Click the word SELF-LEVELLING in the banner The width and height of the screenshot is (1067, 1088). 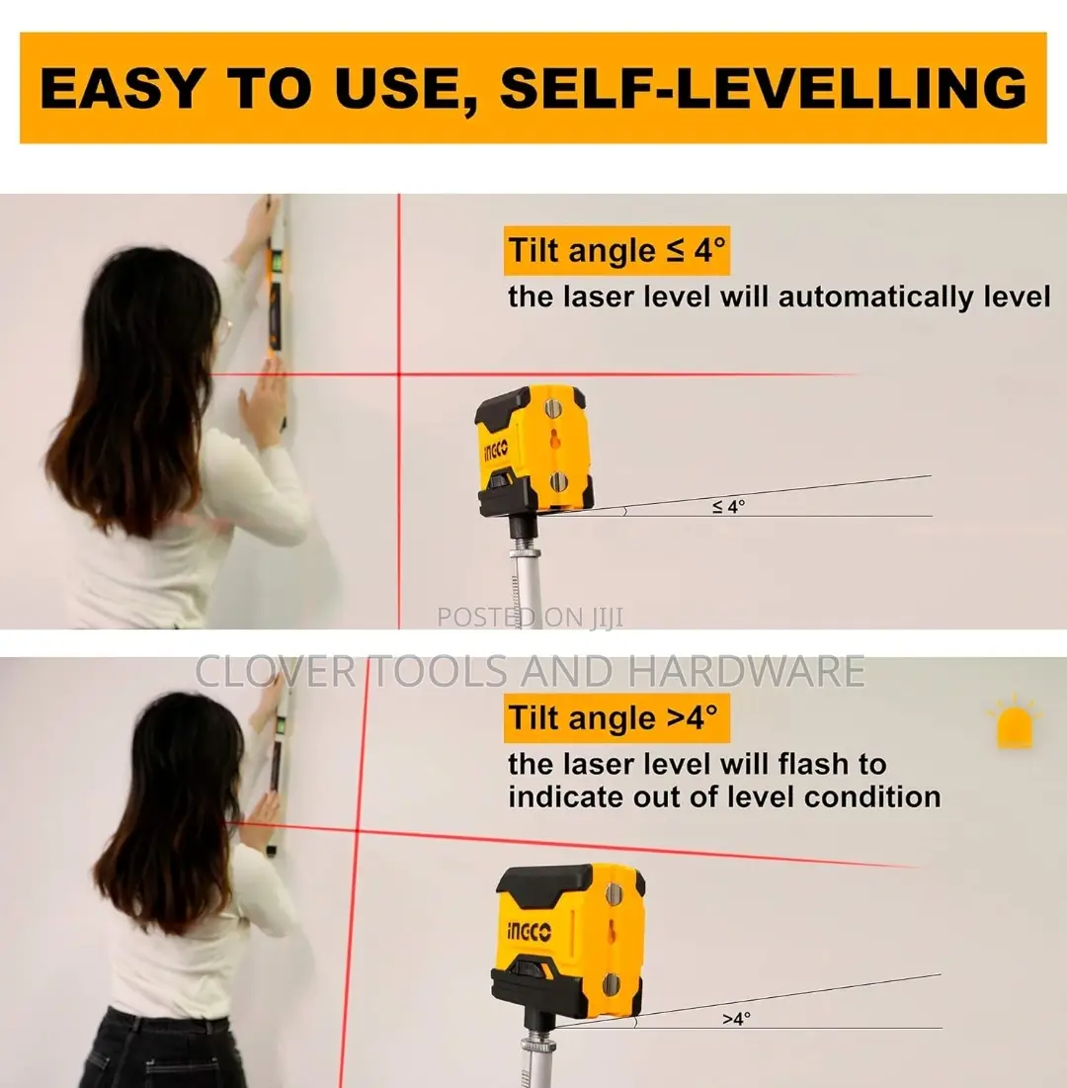[x=763, y=87]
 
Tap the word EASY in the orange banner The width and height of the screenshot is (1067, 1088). [x=120, y=87]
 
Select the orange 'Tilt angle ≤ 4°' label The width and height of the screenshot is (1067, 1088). [x=616, y=250]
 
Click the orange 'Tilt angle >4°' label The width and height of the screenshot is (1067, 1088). [x=616, y=718]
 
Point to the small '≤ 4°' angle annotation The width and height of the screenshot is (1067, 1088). [x=728, y=507]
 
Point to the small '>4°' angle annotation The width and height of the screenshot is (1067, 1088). [x=736, y=1018]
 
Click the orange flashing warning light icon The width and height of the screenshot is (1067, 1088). [x=1015, y=723]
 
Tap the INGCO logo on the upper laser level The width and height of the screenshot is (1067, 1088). [x=495, y=451]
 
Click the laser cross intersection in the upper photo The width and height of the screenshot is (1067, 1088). [x=399, y=375]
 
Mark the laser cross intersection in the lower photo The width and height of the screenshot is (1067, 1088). [x=358, y=830]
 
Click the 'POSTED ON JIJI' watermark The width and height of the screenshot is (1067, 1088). [x=530, y=617]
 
